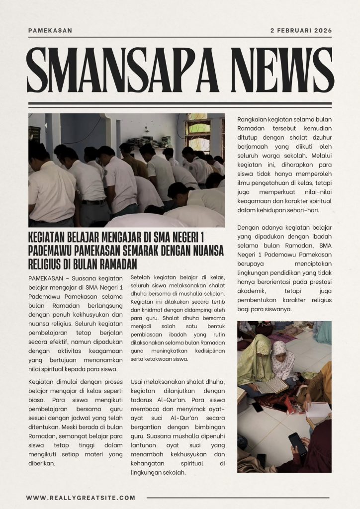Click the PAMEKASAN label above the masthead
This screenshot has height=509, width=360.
click(x=50, y=30)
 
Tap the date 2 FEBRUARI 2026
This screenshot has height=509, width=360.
click(x=301, y=30)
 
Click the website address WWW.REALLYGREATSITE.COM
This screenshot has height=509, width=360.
click(x=81, y=498)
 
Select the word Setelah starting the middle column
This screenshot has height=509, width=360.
click(x=141, y=277)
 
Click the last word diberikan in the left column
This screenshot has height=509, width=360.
click(x=42, y=463)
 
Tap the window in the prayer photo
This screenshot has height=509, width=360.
click(x=198, y=134)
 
